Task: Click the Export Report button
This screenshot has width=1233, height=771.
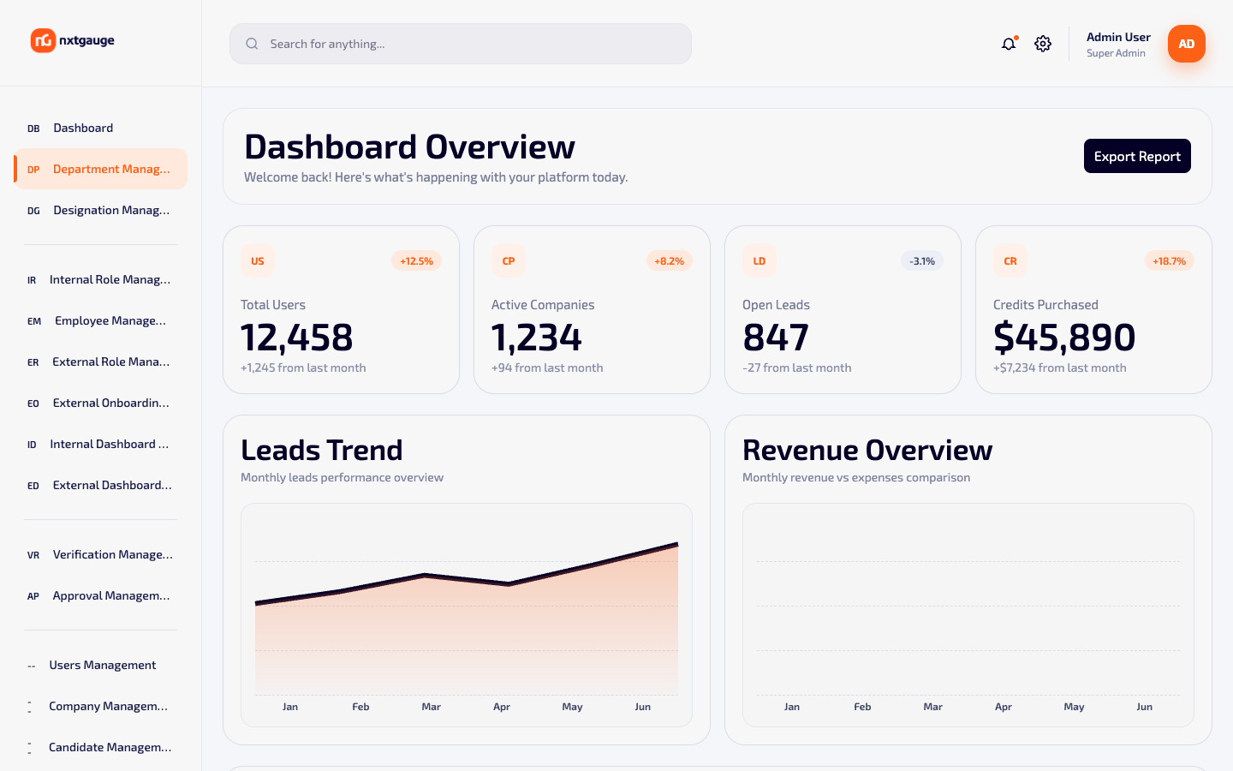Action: (x=1137, y=156)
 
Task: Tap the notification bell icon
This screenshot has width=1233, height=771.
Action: (x=1009, y=44)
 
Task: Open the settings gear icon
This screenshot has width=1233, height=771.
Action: (x=1043, y=44)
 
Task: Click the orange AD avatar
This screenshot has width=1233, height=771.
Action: (x=1186, y=44)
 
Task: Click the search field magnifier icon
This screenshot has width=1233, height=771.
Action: (x=252, y=44)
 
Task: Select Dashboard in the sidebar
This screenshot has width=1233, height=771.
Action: (x=83, y=128)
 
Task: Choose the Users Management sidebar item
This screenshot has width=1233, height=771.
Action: (x=103, y=665)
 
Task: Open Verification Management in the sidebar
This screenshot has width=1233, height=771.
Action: (x=113, y=554)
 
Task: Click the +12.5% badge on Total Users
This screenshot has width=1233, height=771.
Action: (x=417, y=261)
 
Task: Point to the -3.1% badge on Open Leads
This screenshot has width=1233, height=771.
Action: (x=922, y=261)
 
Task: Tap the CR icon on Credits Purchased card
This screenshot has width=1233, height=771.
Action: (x=1010, y=261)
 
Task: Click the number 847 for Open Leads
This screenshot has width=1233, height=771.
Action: (x=776, y=337)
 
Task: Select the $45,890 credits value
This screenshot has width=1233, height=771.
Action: (x=1064, y=337)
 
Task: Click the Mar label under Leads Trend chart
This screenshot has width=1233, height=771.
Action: (x=431, y=707)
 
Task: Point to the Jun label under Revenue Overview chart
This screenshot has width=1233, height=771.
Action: (x=1144, y=707)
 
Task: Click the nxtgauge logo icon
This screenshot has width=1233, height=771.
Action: (x=43, y=40)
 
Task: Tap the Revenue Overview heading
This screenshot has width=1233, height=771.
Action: (x=867, y=450)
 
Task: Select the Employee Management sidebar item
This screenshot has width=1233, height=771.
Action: (x=110, y=320)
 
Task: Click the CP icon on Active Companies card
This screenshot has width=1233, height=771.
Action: (x=508, y=261)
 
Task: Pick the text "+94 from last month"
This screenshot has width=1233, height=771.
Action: (x=547, y=368)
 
